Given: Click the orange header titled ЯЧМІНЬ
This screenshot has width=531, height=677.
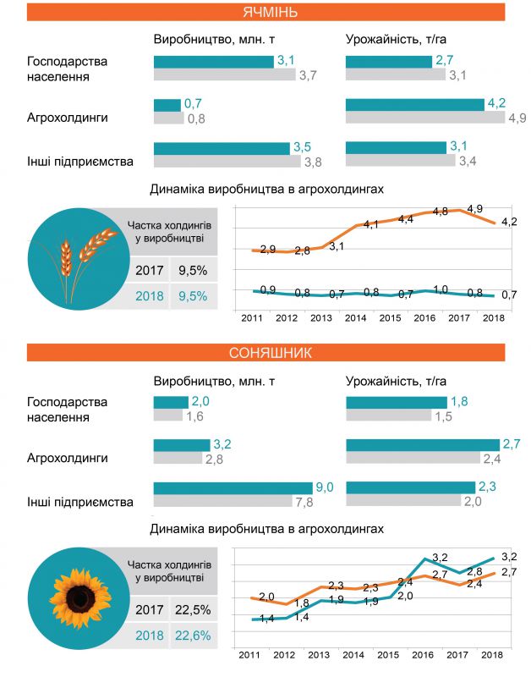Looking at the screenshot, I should click(x=265, y=11).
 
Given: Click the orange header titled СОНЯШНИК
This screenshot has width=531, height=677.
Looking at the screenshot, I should click(x=265, y=352).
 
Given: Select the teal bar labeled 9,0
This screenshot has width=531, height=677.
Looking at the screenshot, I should click(x=233, y=487).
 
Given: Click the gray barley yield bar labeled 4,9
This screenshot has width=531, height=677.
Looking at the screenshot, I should click(x=425, y=118).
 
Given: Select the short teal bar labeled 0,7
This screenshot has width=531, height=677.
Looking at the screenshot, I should click(x=167, y=104).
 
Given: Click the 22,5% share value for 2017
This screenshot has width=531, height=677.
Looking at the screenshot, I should click(x=194, y=609).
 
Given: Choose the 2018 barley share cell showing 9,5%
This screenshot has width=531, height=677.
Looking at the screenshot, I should click(x=193, y=295).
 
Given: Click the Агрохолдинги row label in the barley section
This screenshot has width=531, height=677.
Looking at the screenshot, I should click(x=68, y=118).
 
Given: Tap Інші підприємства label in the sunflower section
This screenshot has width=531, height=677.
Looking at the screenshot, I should click(x=80, y=502).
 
